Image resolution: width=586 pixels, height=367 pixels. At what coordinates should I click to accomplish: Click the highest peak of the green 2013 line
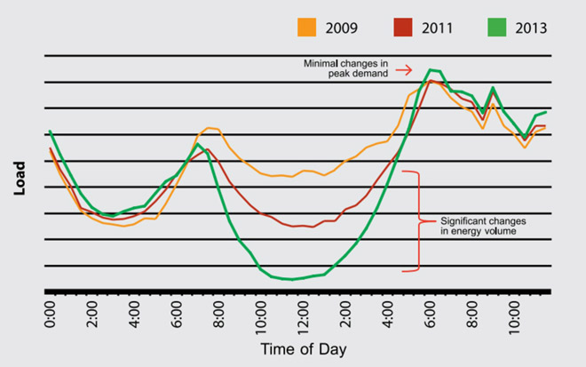click(432, 69)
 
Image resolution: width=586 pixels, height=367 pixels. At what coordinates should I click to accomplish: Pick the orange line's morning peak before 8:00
click(210, 128)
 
